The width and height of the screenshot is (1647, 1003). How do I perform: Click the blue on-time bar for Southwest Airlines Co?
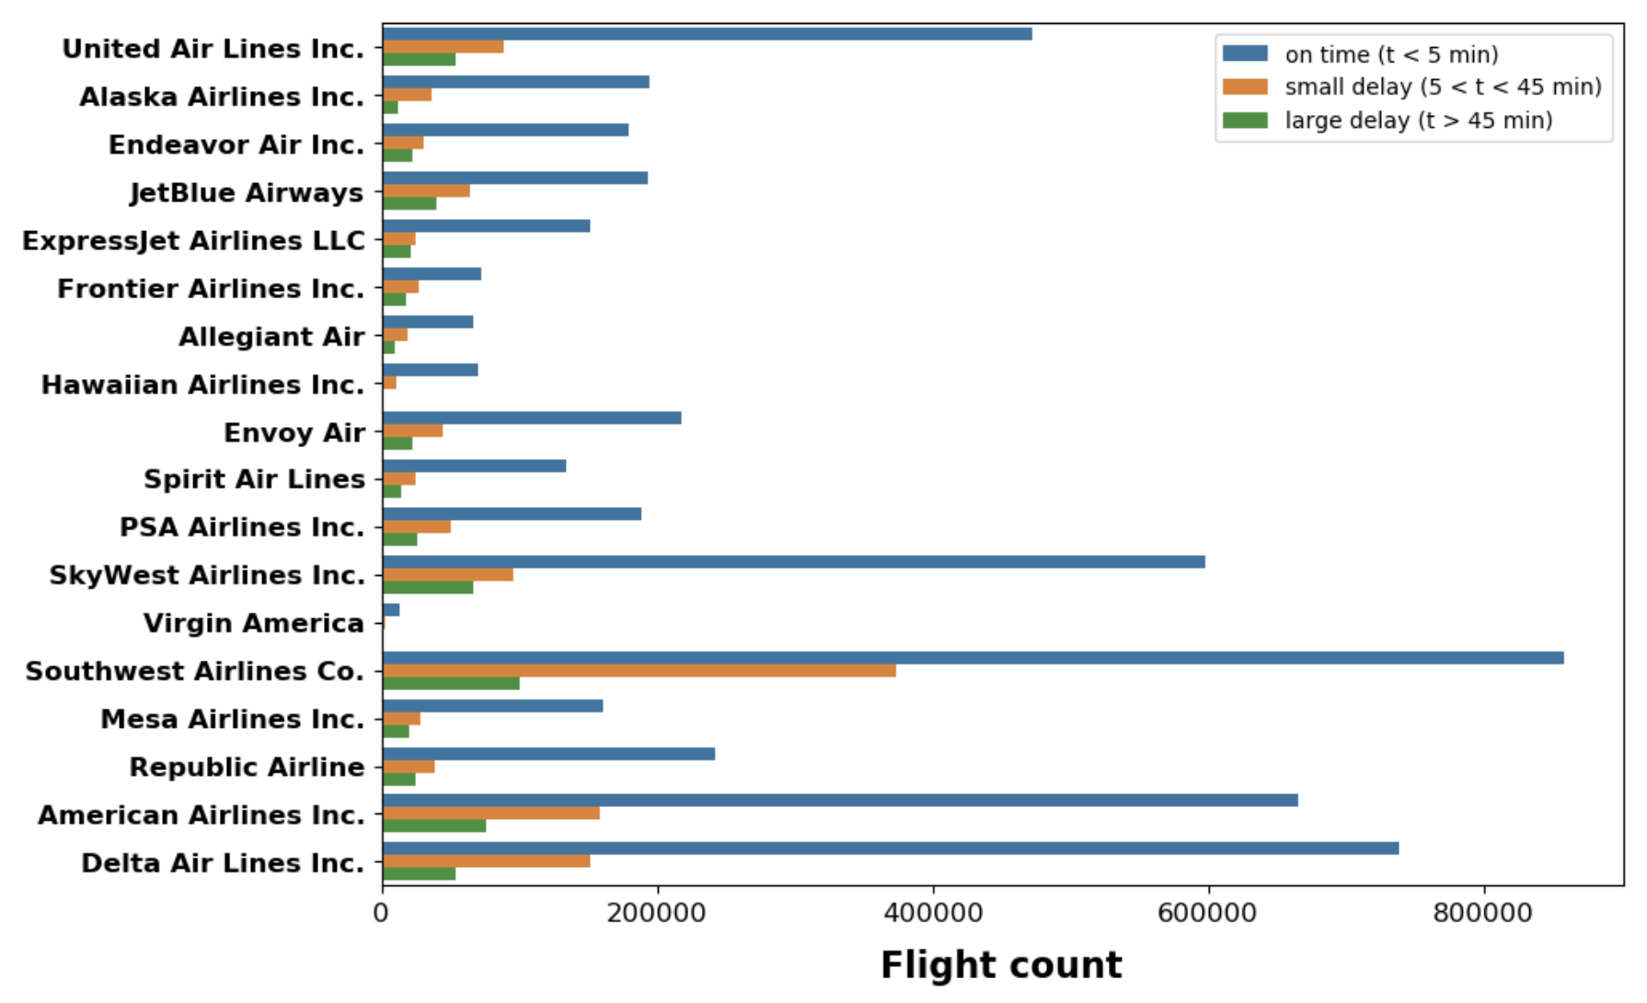pyautogui.click(x=973, y=658)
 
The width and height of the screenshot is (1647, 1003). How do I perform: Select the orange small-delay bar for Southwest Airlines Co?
pyautogui.click(x=639, y=671)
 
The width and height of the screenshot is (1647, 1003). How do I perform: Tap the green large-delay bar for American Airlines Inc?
pyautogui.click(x=434, y=826)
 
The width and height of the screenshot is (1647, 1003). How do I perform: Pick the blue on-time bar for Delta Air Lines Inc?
pyautogui.click(x=891, y=848)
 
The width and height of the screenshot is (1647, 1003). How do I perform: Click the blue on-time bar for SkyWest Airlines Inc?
pyautogui.click(x=793, y=562)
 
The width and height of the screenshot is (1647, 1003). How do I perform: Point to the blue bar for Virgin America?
pyautogui.click(x=391, y=610)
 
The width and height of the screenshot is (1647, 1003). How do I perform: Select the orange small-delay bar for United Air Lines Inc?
pyautogui.click(x=443, y=47)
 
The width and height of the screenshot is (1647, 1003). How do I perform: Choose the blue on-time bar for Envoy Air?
pyautogui.click(x=532, y=418)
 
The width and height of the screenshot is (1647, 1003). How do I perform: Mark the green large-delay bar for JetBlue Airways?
pyautogui.click(x=409, y=203)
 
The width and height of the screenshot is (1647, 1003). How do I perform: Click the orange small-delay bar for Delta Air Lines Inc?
pyautogui.click(x=486, y=861)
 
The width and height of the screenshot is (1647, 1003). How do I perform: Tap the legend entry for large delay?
pyautogui.click(x=1418, y=121)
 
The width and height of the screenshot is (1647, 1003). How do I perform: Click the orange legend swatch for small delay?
pyautogui.click(x=1245, y=87)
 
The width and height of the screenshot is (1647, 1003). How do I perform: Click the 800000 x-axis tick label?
pyautogui.click(x=1482, y=913)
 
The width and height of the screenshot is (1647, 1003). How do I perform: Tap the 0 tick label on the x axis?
pyautogui.click(x=382, y=913)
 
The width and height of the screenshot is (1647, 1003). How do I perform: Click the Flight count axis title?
pyautogui.click(x=1001, y=965)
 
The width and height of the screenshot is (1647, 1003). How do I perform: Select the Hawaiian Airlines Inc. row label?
pyautogui.click(x=203, y=385)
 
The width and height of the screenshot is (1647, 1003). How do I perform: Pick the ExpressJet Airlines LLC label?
pyautogui.click(x=194, y=241)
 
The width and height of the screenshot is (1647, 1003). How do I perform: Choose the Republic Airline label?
pyautogui.click(x=247, y=767)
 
